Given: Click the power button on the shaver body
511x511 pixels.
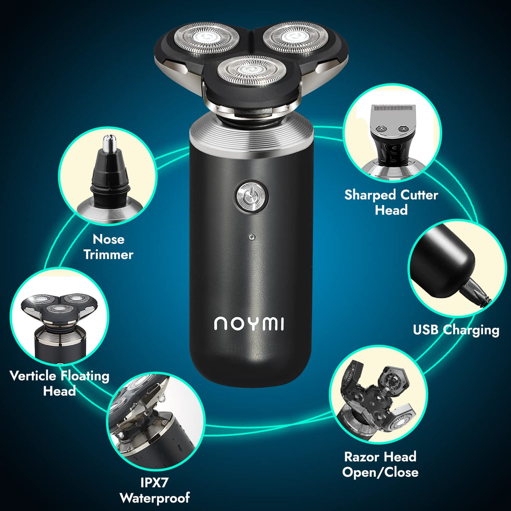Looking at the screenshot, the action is [x=252, y=197].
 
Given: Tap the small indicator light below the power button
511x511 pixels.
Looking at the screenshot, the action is [x=252, y=237].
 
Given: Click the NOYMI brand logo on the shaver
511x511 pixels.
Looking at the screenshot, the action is [x=249, y=323].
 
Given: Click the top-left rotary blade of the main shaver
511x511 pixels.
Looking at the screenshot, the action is [x=206, y=37].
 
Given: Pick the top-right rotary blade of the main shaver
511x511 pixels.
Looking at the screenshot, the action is [x=295, y=36].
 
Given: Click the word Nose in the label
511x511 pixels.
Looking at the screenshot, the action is [x=108, y=239].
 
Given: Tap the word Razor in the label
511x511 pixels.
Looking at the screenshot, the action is [x=362, y=457].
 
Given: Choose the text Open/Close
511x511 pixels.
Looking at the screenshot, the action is [x=380, y=472].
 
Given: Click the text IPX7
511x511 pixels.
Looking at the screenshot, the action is [x=155, y=483].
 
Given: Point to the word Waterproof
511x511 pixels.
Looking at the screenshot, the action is [x=155, y=498].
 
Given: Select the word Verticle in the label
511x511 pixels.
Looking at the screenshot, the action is [x=32, y=376].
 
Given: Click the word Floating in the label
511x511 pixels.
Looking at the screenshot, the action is [x=85, y=376].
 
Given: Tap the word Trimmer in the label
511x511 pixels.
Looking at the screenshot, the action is [x=108, y=255].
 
